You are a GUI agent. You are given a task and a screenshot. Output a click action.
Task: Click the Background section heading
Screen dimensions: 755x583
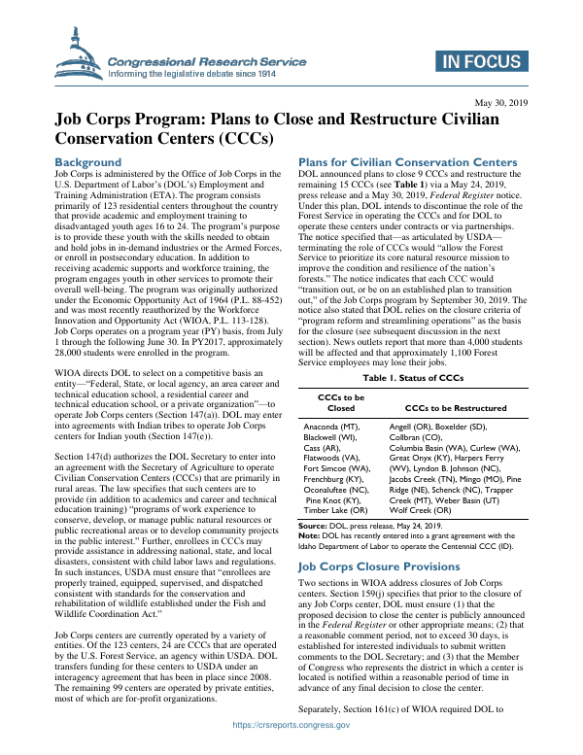click(88, 161)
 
